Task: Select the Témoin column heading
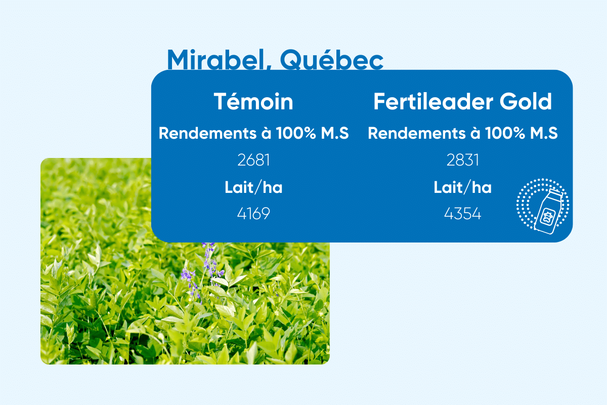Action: pos(253,101)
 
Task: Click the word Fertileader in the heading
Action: pos(433,101)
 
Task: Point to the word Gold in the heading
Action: pos(526,101)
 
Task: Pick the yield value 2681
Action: pos(253,160)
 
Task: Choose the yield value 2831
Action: pos(462,160)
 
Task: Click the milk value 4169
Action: pos(253,214)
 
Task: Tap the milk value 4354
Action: pos(462,214)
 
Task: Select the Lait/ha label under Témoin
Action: pos(253,187)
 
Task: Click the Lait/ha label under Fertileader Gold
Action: pos(462,187)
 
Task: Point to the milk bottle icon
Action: pos(547,212)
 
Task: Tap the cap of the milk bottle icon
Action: pos(556,193)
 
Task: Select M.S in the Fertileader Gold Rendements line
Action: pos(544,133)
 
